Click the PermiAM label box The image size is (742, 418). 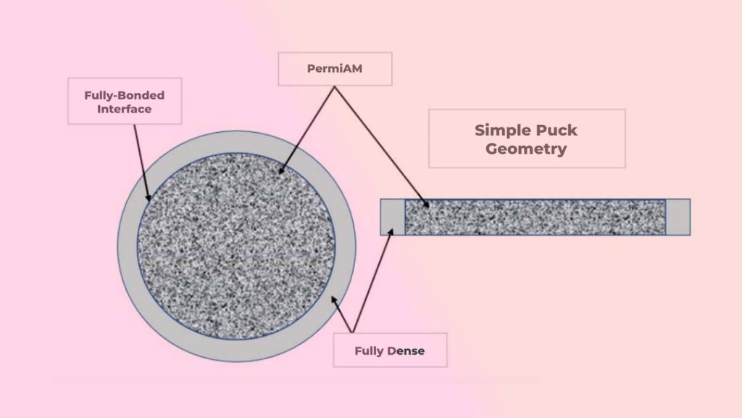(335, 69)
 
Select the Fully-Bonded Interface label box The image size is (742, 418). (124, 102)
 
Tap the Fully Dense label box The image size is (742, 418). (390, 351)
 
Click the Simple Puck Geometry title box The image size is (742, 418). (526, 139)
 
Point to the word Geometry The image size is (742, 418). (526, 149)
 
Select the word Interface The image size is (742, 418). (125, 109)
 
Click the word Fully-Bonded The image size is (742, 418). (125, 95)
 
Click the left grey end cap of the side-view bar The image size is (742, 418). (392, 217)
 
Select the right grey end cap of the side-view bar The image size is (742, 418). (678, 217)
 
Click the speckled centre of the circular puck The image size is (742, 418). (236, 246)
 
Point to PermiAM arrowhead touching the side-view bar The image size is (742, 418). (428, 205)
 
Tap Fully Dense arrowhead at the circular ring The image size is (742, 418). (333, 298)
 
